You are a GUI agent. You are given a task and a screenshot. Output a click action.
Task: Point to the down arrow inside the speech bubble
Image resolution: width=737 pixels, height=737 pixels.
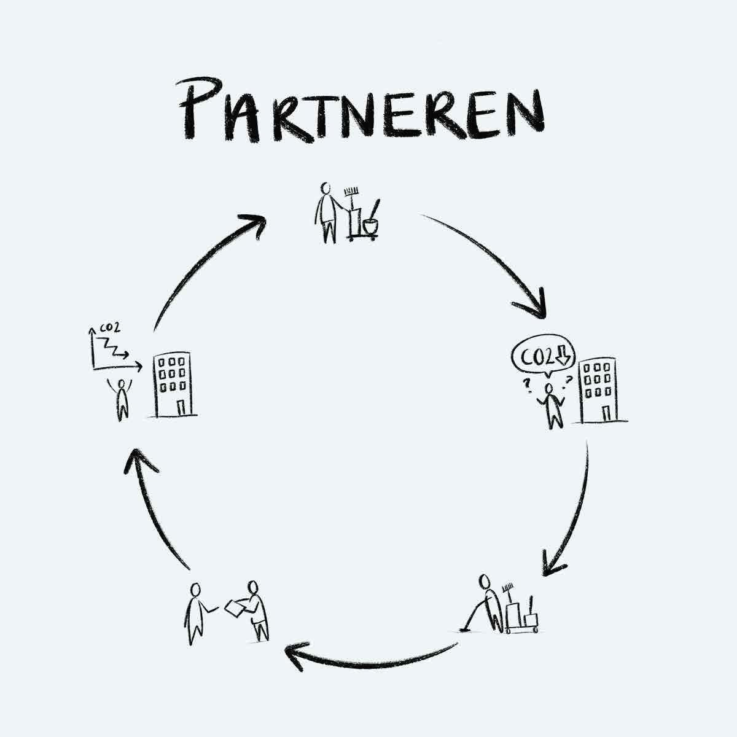tap(562, 355)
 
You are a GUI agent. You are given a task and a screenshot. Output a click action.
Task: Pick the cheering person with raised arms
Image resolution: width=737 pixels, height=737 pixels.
tap(122, 398)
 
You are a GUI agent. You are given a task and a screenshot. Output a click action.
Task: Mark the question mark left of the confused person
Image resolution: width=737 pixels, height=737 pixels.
tap(526, 385)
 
